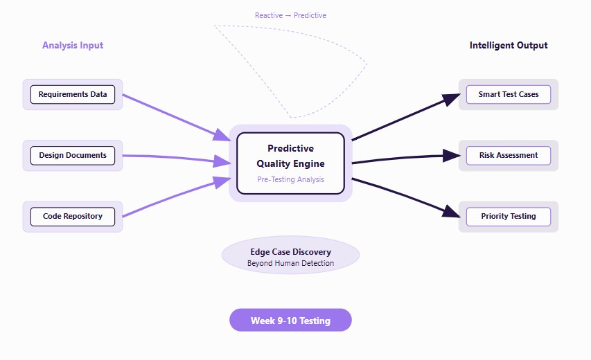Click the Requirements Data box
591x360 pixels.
(x=73, y=95)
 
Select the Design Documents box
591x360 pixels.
(x=73, y=156)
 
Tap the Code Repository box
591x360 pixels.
(x=73, y=217)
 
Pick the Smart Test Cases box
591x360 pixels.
(x=509, y=95)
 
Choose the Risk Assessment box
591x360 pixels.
(x=509, y=156)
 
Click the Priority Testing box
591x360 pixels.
(x=509, y=217)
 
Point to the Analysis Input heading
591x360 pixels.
(x=73, y=45)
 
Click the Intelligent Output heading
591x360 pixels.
(x=509, y=45)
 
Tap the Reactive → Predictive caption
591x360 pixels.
(x=290, y=15)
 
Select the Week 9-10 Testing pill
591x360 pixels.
(x=290, y=320)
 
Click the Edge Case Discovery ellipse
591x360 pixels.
(x=290, y=255)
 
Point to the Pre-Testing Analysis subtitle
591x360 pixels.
(x=290, y=179)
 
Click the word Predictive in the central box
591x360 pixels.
(x=290, y=148)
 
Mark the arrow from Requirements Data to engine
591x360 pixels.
(x=177, y=118)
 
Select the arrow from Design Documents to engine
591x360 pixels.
(x=177, y=158)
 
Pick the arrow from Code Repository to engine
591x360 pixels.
(x=177, y=197)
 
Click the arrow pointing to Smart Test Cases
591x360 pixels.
(x=406, y=117)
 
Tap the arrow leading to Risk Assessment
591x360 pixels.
(x=406, y=158)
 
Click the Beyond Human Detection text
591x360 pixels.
(x=290, y=263)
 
